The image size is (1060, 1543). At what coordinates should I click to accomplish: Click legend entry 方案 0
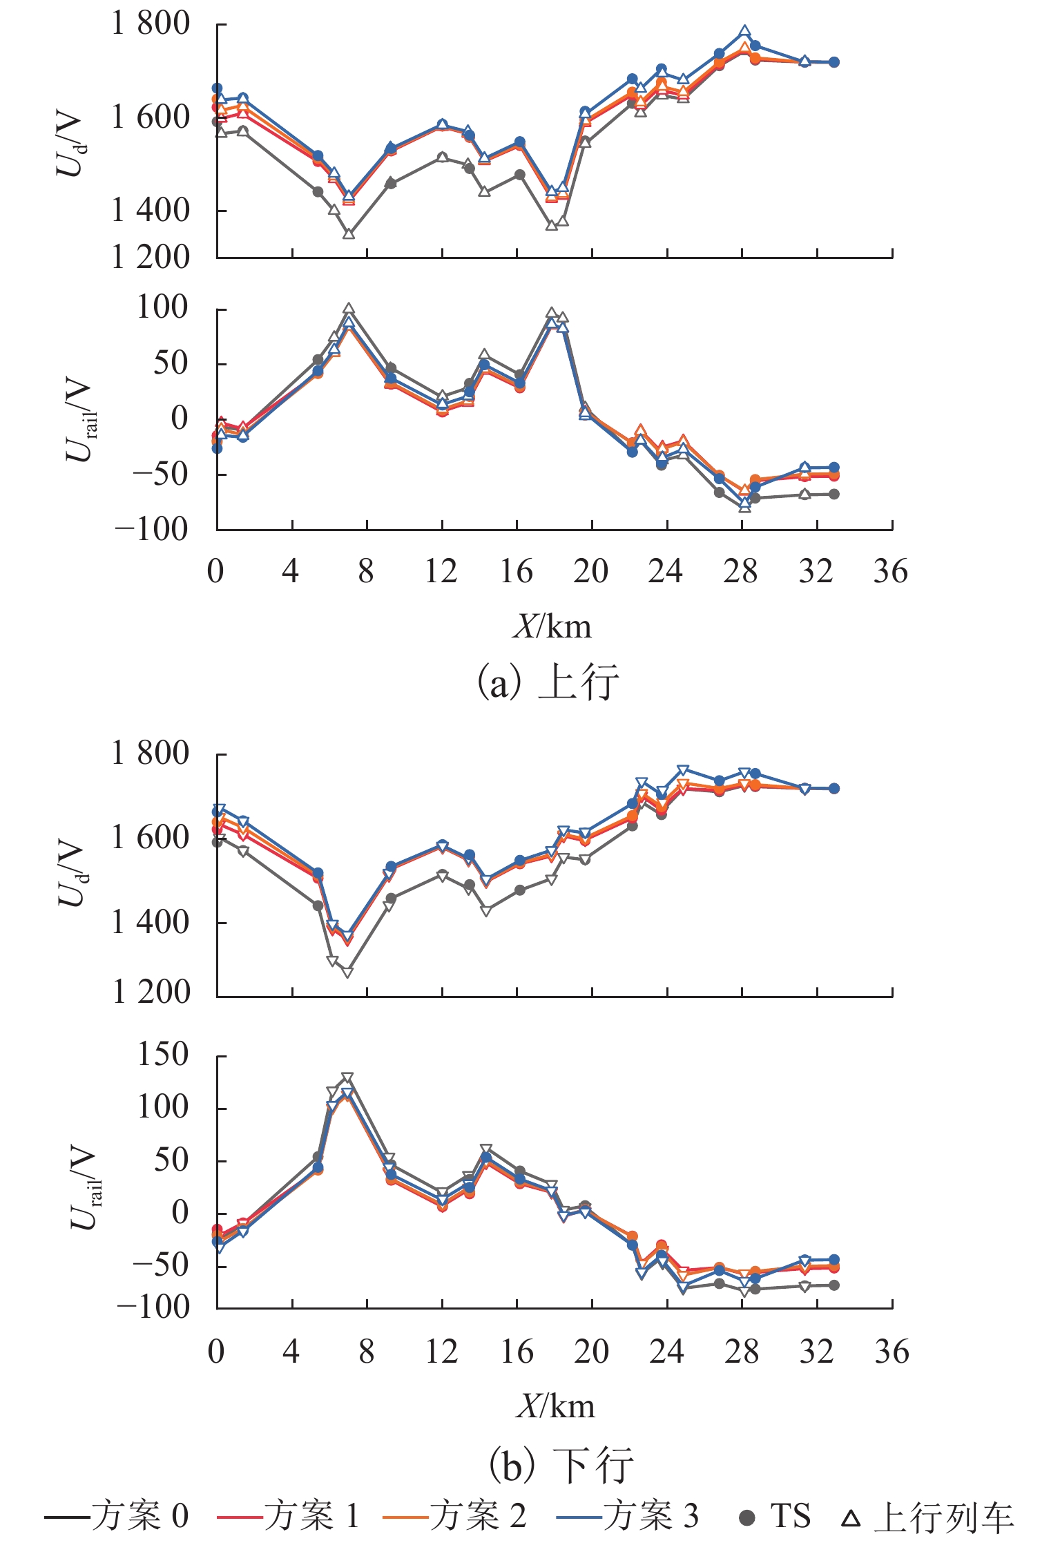[x=116, y=1517]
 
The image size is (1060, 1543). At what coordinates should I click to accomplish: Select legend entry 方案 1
[x=288, y=1517]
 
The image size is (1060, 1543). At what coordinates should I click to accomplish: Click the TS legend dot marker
[x=747, y=1518]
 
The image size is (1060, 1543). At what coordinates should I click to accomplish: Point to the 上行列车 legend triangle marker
[x=851, y=1518]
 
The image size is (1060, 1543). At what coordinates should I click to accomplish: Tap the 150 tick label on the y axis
[x=163, y=1055]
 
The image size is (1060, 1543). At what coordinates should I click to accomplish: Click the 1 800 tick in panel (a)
[x=150, y=24]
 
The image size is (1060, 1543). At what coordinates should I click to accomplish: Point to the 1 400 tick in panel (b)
[x=150, y=922]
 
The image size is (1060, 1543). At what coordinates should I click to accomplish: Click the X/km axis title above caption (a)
[x=552, y=626]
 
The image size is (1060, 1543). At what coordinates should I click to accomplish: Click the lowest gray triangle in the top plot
[x=349, y=234]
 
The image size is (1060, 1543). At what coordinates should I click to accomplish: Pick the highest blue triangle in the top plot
[x=745, y=32]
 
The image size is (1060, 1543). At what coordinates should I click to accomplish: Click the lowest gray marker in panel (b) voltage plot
[x=347, y=972]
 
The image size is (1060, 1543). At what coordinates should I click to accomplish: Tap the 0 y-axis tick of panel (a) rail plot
[x=180, y=419]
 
